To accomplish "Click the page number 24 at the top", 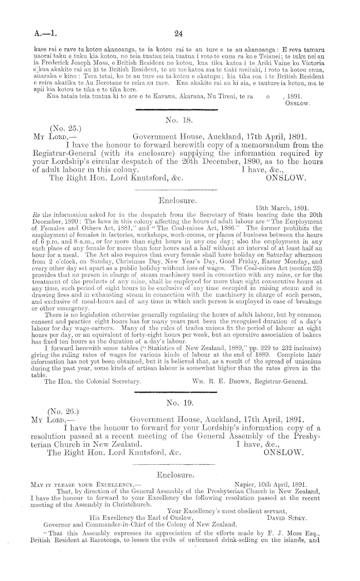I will [x=179, y=34].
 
